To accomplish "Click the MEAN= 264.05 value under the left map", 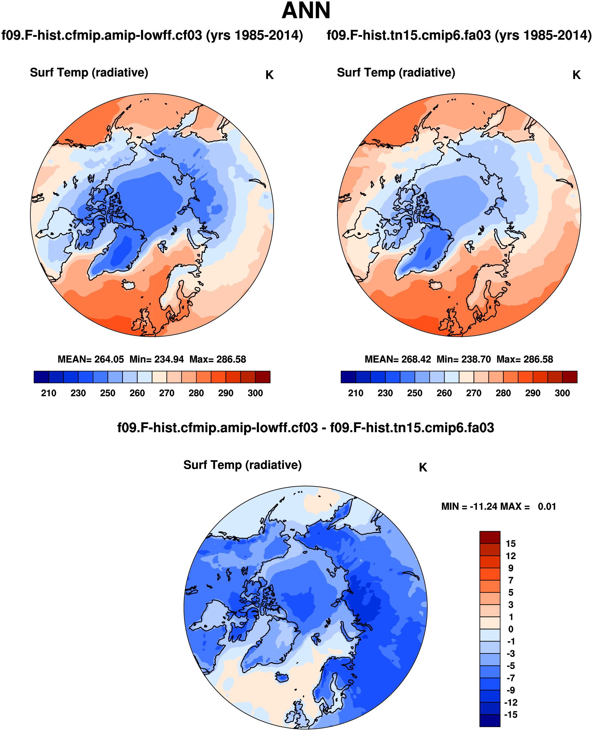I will point(91,359).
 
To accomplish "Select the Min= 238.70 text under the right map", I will point(464,359).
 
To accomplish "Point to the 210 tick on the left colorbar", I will point(48,393).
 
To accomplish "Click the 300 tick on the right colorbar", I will point(562,393).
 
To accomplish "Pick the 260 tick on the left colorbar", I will point(137,393).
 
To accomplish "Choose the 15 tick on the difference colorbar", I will point(511,544).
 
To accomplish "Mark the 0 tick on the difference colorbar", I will point(511,629).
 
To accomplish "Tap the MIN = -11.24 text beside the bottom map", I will point(469,506).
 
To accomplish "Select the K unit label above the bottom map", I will point(423,467).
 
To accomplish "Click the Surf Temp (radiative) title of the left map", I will point(89,73).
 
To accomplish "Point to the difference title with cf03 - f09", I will point(306,428).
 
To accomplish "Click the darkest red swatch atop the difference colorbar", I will point(489,537).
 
